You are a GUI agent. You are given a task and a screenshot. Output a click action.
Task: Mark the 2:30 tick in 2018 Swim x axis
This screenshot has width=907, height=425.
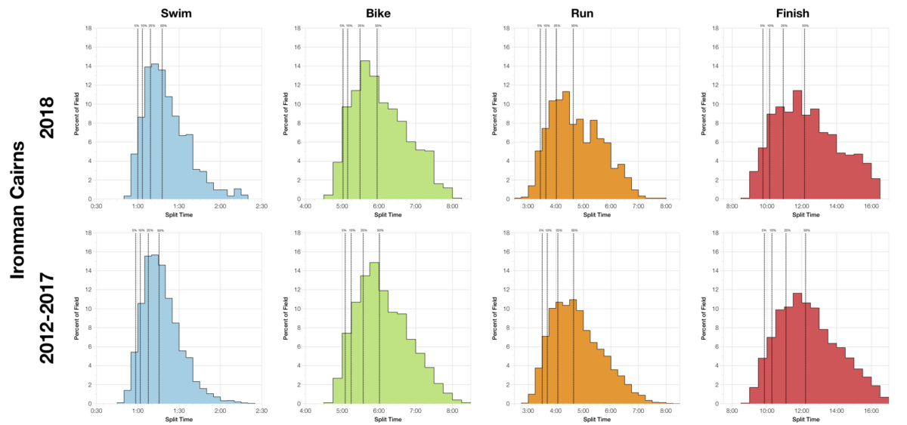tap(262, 205)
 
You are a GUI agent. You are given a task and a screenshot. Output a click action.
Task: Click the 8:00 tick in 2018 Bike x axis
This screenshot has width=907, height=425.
tap(451, 205)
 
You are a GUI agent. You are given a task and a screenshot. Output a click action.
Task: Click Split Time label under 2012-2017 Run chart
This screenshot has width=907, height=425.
tap(596, 417)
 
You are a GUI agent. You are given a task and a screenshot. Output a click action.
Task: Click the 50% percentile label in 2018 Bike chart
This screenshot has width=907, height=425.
tap(378, 26)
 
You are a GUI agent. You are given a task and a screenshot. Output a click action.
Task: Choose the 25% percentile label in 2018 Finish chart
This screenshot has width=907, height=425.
tap(783, 26)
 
